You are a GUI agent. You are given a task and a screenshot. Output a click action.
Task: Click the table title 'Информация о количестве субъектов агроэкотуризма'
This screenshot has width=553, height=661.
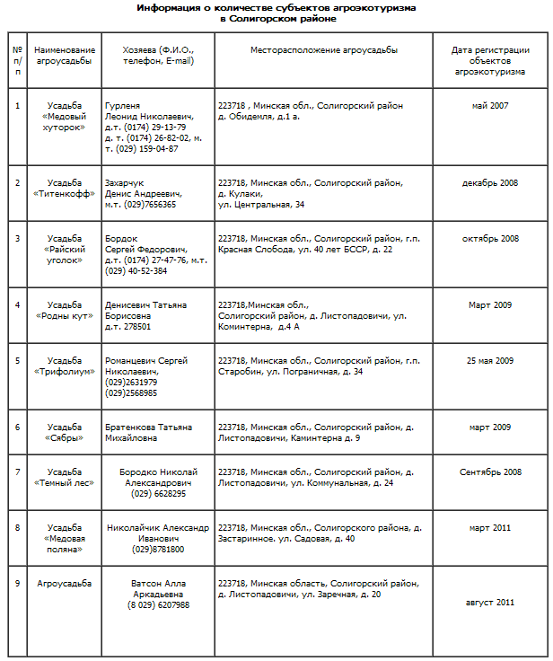coord(276,7)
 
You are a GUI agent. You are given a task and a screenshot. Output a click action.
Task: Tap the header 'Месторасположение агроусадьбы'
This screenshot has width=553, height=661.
coord(324,50)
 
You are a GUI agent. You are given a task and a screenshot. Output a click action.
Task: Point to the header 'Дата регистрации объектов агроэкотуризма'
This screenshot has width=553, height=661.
coord(489,59)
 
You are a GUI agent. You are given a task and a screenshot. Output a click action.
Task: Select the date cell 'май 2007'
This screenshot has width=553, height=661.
coord(489,106)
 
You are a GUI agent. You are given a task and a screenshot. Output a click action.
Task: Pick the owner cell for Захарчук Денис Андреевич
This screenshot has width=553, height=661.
coord(144,193)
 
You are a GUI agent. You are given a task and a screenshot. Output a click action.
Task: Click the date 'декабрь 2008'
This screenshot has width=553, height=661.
coord(489,183)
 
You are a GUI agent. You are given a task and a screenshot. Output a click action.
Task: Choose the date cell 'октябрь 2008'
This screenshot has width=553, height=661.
coord(489,239)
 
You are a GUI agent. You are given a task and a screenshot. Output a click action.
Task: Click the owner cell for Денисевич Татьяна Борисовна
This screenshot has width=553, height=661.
coord(145,315)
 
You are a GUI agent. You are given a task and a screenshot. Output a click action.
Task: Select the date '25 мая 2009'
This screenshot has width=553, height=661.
coord(489,361)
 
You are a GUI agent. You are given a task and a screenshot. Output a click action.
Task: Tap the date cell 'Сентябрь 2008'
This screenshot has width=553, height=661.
coord(489,472)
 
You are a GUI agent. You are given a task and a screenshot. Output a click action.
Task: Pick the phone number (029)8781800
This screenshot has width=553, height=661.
coord(158,549)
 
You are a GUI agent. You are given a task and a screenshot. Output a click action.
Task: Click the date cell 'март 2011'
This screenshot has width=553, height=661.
coord(489,528)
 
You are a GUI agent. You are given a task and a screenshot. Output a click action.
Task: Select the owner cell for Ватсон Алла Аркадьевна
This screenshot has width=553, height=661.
coord(158,594)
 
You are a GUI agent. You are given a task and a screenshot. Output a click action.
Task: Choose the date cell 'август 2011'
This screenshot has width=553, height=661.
coord(489,603)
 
